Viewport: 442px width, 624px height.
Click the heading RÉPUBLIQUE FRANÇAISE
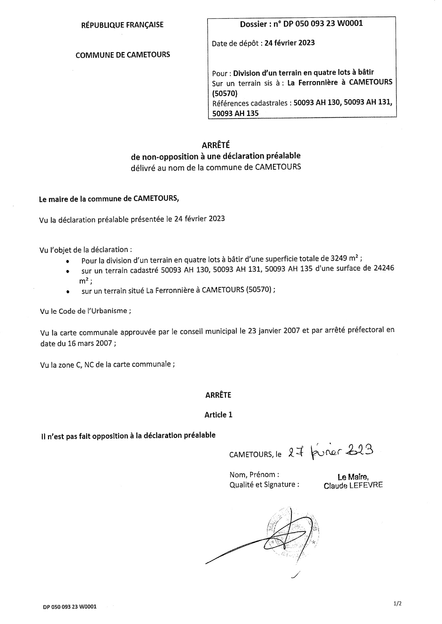coord(122,25)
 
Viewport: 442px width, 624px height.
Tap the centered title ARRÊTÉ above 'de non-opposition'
coord(216,145)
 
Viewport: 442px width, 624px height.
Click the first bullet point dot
coord(68,261)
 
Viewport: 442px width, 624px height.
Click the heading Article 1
coord(218,414)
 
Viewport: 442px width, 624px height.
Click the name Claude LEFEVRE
coord(353,485)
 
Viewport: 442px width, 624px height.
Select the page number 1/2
coord(398,603)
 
